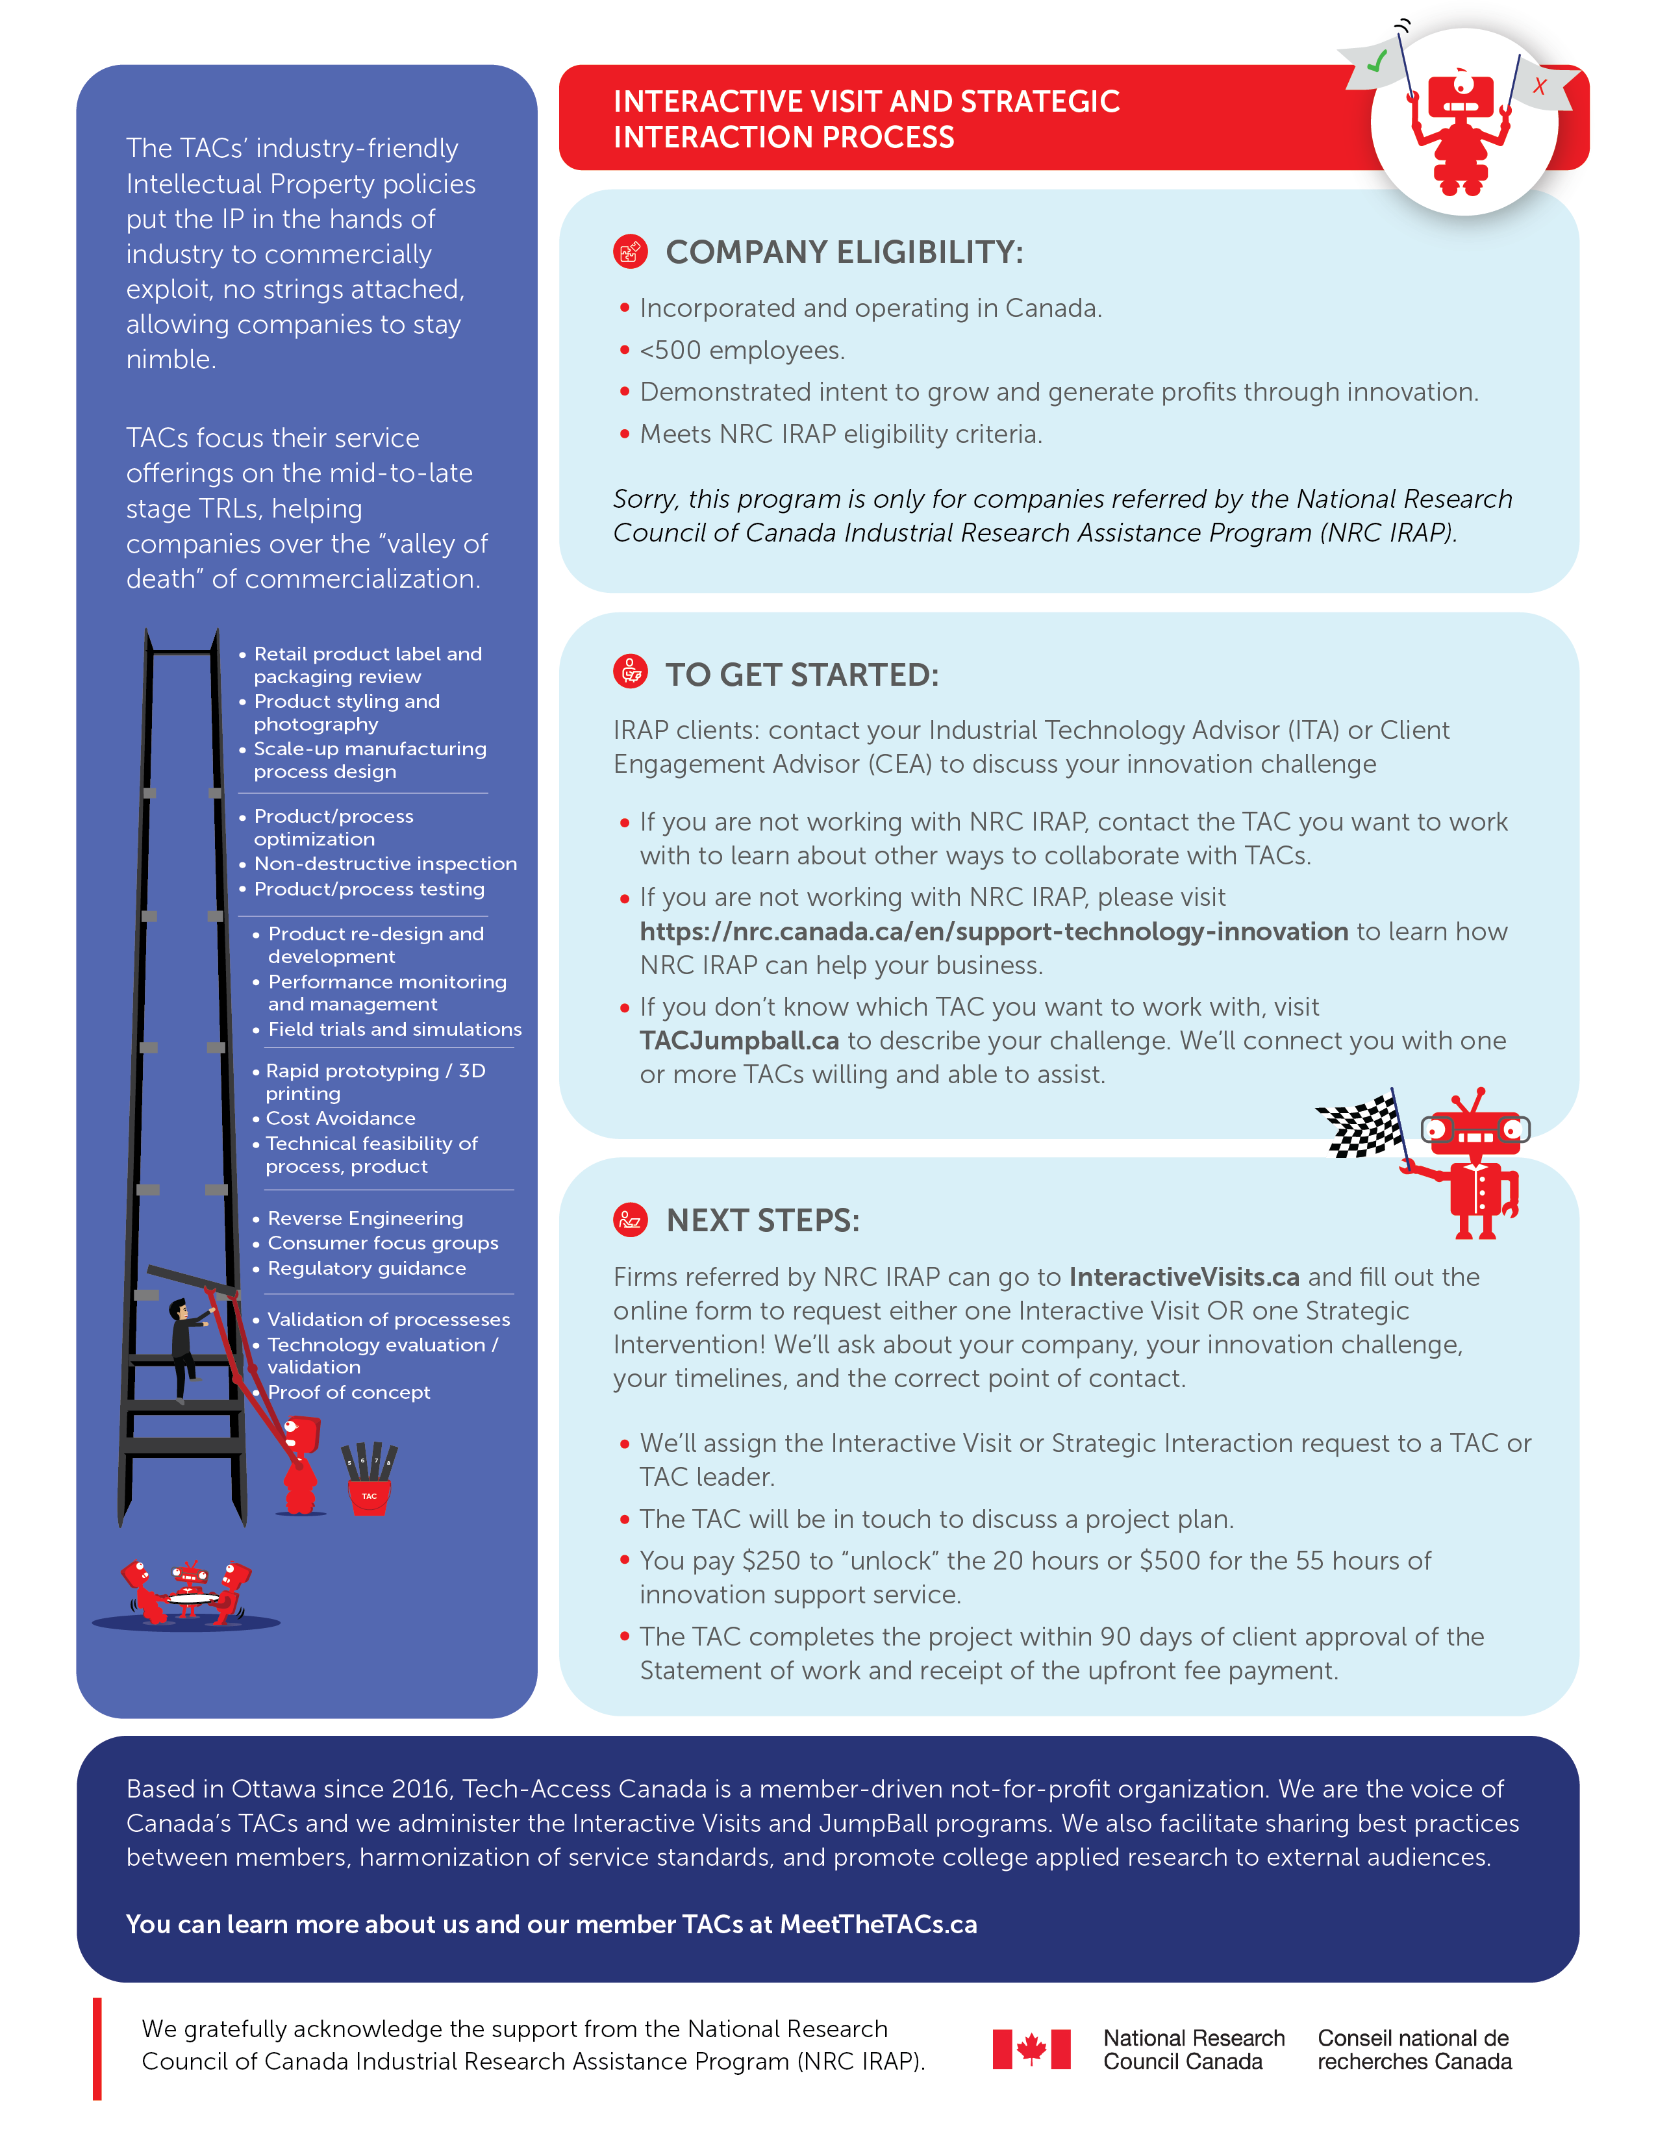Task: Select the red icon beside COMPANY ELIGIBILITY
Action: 630,251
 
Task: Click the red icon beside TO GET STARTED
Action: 630,672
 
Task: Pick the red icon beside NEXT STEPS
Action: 630,1220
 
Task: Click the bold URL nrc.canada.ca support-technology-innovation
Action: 994,931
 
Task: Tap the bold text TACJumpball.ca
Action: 739,1040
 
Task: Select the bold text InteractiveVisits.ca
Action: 1184,1277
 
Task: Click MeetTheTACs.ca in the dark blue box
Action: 878,1924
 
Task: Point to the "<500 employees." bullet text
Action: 742,350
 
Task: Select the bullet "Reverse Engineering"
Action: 365,1218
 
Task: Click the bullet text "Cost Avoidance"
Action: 340,1118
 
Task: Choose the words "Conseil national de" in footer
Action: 1412,2038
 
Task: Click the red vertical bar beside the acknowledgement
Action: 97,2049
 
